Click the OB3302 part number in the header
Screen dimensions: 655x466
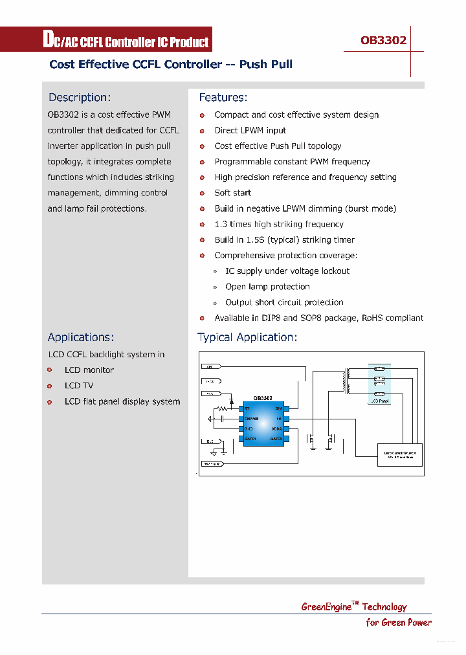[383, 40]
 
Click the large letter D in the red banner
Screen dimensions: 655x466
[48, 40]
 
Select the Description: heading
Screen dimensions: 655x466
[80, 98]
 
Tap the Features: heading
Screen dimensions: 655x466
[223, 98]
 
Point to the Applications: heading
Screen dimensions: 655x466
[81, 337]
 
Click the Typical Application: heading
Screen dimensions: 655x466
[247, 337]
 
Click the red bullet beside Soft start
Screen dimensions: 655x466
[202, 193]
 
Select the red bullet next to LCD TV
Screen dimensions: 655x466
[50, 386]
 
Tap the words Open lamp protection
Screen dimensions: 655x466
[267, 287]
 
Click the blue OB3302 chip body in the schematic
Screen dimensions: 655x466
[263, 424]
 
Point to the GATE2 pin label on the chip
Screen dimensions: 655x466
[276, 439]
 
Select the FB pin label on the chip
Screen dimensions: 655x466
[279, 419]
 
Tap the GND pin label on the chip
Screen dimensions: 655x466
[248, 429]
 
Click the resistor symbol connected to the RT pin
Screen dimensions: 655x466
[223, 408]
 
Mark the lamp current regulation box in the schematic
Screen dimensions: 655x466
[400, 454]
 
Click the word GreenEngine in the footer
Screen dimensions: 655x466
[326, 607]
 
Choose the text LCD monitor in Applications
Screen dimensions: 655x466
[89, 370]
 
